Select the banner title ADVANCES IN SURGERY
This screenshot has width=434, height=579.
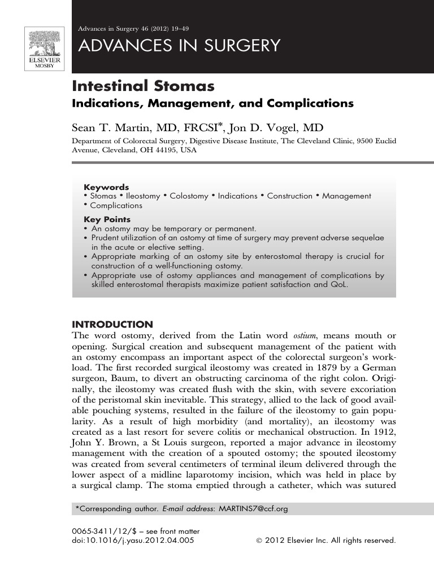coord(179,46)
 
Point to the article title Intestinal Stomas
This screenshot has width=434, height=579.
coord(143,87)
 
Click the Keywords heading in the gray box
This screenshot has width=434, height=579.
coord(106,187)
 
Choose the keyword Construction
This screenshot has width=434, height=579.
coord(289,196)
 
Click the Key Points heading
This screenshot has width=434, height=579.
coord(107,219)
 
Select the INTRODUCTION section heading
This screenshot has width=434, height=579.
coord(112,325)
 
